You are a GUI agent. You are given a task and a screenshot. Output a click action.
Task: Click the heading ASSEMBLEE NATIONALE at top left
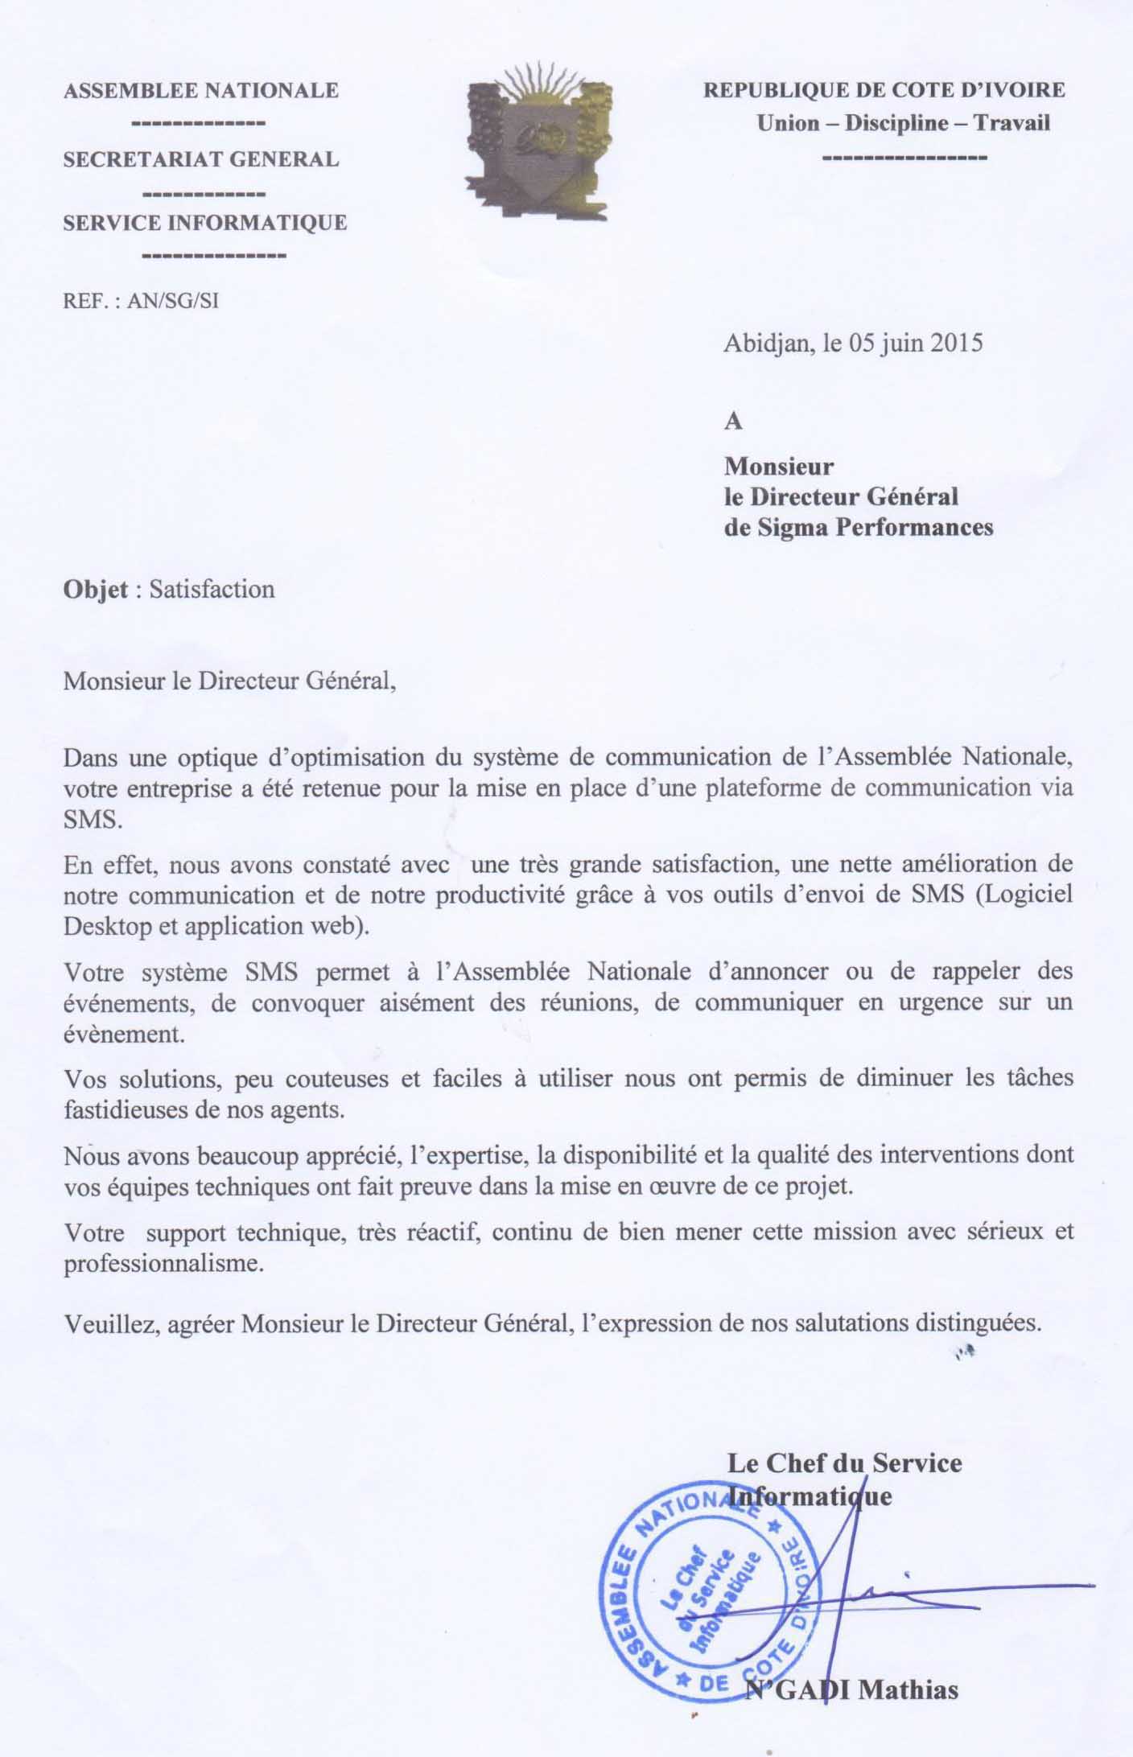(200, 91)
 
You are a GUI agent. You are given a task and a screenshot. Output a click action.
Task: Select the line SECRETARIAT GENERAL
(200, 159)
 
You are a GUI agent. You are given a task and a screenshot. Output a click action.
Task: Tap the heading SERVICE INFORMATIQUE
(204, 223)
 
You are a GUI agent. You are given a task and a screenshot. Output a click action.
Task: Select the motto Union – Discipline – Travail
(903, 123)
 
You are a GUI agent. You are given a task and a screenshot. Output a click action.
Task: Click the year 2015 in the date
(957, 344)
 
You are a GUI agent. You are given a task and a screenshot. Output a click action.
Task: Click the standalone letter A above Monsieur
(733, 422)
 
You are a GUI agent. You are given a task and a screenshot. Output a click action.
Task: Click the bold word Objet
(95, 589)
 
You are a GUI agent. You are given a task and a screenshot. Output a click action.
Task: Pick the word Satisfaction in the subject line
(212, 589)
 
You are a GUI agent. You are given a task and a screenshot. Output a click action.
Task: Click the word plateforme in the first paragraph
(764, 788)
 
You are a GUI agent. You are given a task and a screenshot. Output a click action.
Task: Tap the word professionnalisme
(163, 1263)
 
